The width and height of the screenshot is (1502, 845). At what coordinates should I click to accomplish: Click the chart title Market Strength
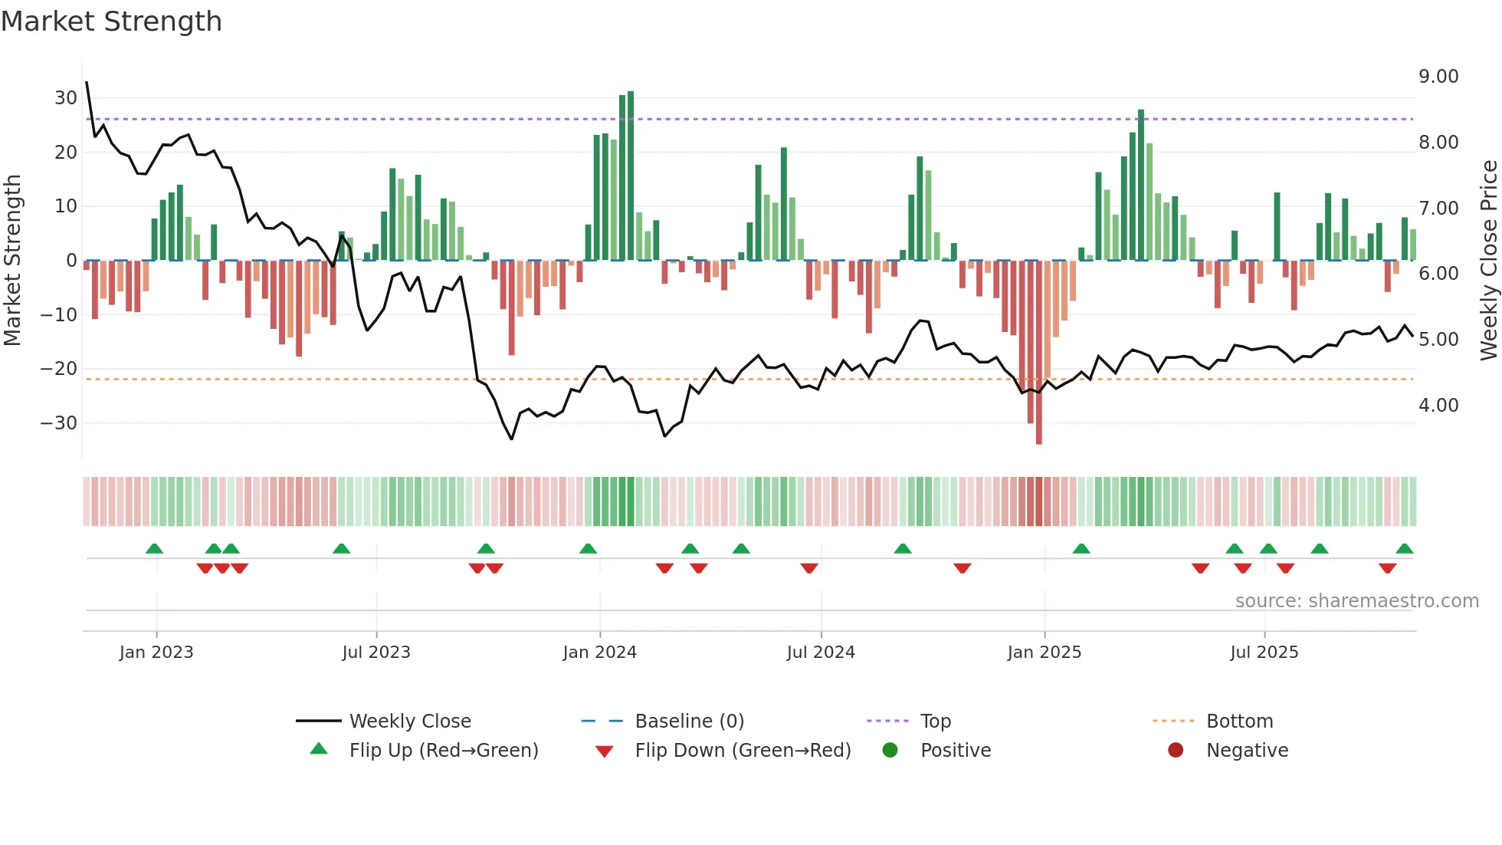click(x=111, y=21)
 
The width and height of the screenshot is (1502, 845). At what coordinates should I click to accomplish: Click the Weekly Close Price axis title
click(x=1488, y=260)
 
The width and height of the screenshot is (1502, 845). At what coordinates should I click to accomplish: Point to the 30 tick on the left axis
click(x=66, y=98)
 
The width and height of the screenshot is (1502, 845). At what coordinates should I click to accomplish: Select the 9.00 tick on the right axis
click(x=1438, y=77)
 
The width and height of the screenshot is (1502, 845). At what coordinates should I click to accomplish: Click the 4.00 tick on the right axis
click(x=1438, y=406)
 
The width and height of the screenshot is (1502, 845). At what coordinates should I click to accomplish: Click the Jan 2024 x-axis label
click(x=599, y=653)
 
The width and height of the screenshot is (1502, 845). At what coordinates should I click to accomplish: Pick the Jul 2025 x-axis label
click(x=1264, y=653)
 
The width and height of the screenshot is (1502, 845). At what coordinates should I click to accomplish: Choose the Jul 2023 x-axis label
click(x=376, y=653)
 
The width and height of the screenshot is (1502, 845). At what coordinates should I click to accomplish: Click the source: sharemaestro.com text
click(x=1356, y=601)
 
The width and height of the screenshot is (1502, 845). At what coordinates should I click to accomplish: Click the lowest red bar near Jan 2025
click(x=1038, y=353)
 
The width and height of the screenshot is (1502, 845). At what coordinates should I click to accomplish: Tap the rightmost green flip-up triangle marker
click(x=1404, y=549)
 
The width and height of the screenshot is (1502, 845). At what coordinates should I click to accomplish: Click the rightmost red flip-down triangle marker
click(x=1387, y=568)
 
